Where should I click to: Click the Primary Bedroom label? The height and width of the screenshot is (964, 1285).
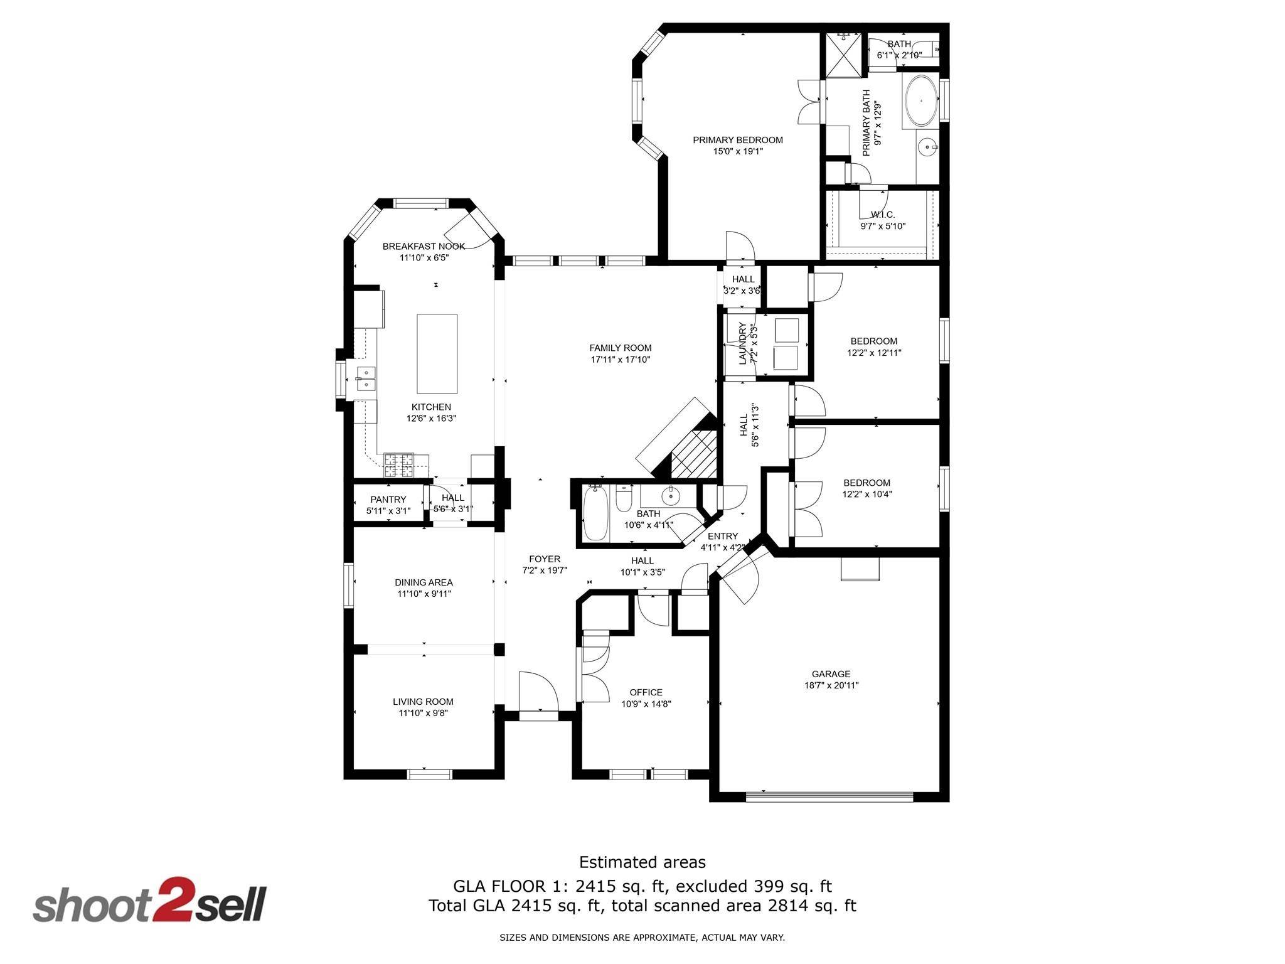click(x=737, y=140)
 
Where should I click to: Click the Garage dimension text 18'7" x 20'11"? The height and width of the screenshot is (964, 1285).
click(x=831, y=685)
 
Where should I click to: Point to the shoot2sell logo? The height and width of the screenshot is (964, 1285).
click(x=150, y=901)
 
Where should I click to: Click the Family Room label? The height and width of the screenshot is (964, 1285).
click(x=621, y=348)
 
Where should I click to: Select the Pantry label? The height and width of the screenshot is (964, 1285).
click(x=388, y=500)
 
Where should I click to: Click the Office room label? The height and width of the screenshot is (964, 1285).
click(x=646, y=692)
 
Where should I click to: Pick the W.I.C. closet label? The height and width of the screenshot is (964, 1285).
click(x=883, y=215)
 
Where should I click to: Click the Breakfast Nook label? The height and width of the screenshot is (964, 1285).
click(x=424, y=246)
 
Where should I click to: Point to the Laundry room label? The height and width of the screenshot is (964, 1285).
click(x=743, y=343)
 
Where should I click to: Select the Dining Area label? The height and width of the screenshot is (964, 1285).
click(x=424, y=582)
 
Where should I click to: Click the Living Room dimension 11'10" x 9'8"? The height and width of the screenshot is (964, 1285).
click(x=423, y=713)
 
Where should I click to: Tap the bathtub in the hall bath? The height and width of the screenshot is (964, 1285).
click(x=596, y=514)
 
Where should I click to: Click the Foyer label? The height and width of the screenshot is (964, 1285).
click(x=545, y=559)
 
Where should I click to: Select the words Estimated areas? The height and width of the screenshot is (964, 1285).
click(x=642, y=862)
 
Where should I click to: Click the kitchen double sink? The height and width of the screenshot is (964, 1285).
click(x=365, y=380)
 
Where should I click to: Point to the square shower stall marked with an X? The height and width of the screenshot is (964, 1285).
click(x=844, y=55)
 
